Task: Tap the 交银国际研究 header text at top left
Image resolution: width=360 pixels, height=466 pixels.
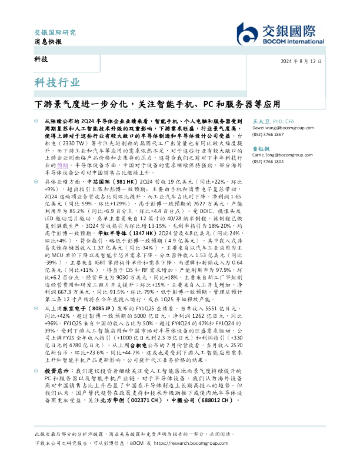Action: pyautogui.click(x=55, y=32)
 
